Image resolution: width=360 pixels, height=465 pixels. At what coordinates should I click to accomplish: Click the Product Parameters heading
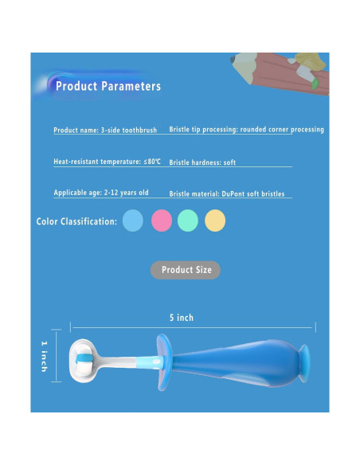(108, 86)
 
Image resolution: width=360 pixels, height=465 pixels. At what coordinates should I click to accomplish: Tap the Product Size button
(186, 270)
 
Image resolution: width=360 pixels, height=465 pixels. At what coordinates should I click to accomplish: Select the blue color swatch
(133, 221)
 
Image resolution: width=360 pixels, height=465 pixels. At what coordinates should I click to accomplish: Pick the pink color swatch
(162, 221)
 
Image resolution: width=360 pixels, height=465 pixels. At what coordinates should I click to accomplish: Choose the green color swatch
(188, 221)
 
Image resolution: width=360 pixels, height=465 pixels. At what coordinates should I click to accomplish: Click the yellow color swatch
(215, 221)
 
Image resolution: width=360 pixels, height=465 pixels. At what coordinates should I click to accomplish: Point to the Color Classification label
(76, 221)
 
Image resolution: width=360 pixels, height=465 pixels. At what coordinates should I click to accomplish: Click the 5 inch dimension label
(181, 318)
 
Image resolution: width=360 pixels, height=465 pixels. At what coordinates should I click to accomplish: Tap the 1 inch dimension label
(45, 356)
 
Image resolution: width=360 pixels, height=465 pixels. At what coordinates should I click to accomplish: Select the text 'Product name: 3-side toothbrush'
(104, 130)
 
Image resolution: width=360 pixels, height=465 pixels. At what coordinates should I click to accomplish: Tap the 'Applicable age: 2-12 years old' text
(101, 193)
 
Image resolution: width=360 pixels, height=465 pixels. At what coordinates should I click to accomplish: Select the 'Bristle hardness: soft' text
(202, 162)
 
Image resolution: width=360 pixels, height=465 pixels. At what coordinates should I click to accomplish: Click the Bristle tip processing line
(246, 130)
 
